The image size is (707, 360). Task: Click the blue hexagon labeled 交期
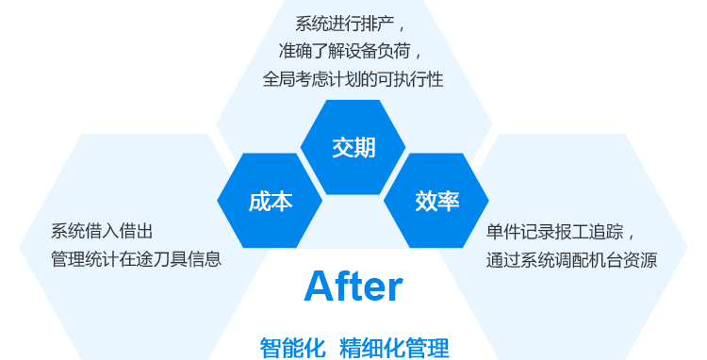coord(353,147)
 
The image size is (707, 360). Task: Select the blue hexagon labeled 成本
coord(270,201)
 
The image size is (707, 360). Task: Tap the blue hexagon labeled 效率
coord(436,201)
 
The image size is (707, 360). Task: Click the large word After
coord(353,286)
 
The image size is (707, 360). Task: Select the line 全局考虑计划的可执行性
coord(353,79)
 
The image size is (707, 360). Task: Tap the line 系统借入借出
coord(102,231)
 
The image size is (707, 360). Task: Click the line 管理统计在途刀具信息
coord(136,259)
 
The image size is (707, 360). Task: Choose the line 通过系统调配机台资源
coord(572,260)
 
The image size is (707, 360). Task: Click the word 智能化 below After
coord(292,348)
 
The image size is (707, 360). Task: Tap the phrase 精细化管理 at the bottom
coord(394,348)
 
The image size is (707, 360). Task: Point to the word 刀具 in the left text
coord(171,259)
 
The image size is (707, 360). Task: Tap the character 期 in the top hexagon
coord(365,147)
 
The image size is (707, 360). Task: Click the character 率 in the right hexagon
coord(448,201)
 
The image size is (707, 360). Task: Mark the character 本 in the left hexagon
coord(281,201)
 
